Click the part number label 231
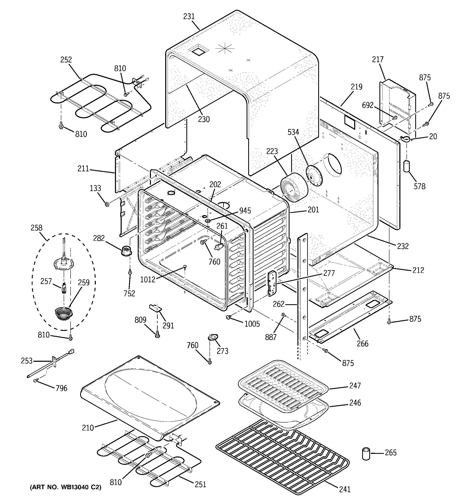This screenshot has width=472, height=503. pyautogui.click(x=189, y=17)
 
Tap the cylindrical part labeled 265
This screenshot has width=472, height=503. pyautogui.click(x=366, y=454)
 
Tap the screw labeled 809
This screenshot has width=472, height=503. pyautogui.click(x=157, y=334)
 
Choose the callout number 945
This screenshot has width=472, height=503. pyautogui.click(x=245, y=211)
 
